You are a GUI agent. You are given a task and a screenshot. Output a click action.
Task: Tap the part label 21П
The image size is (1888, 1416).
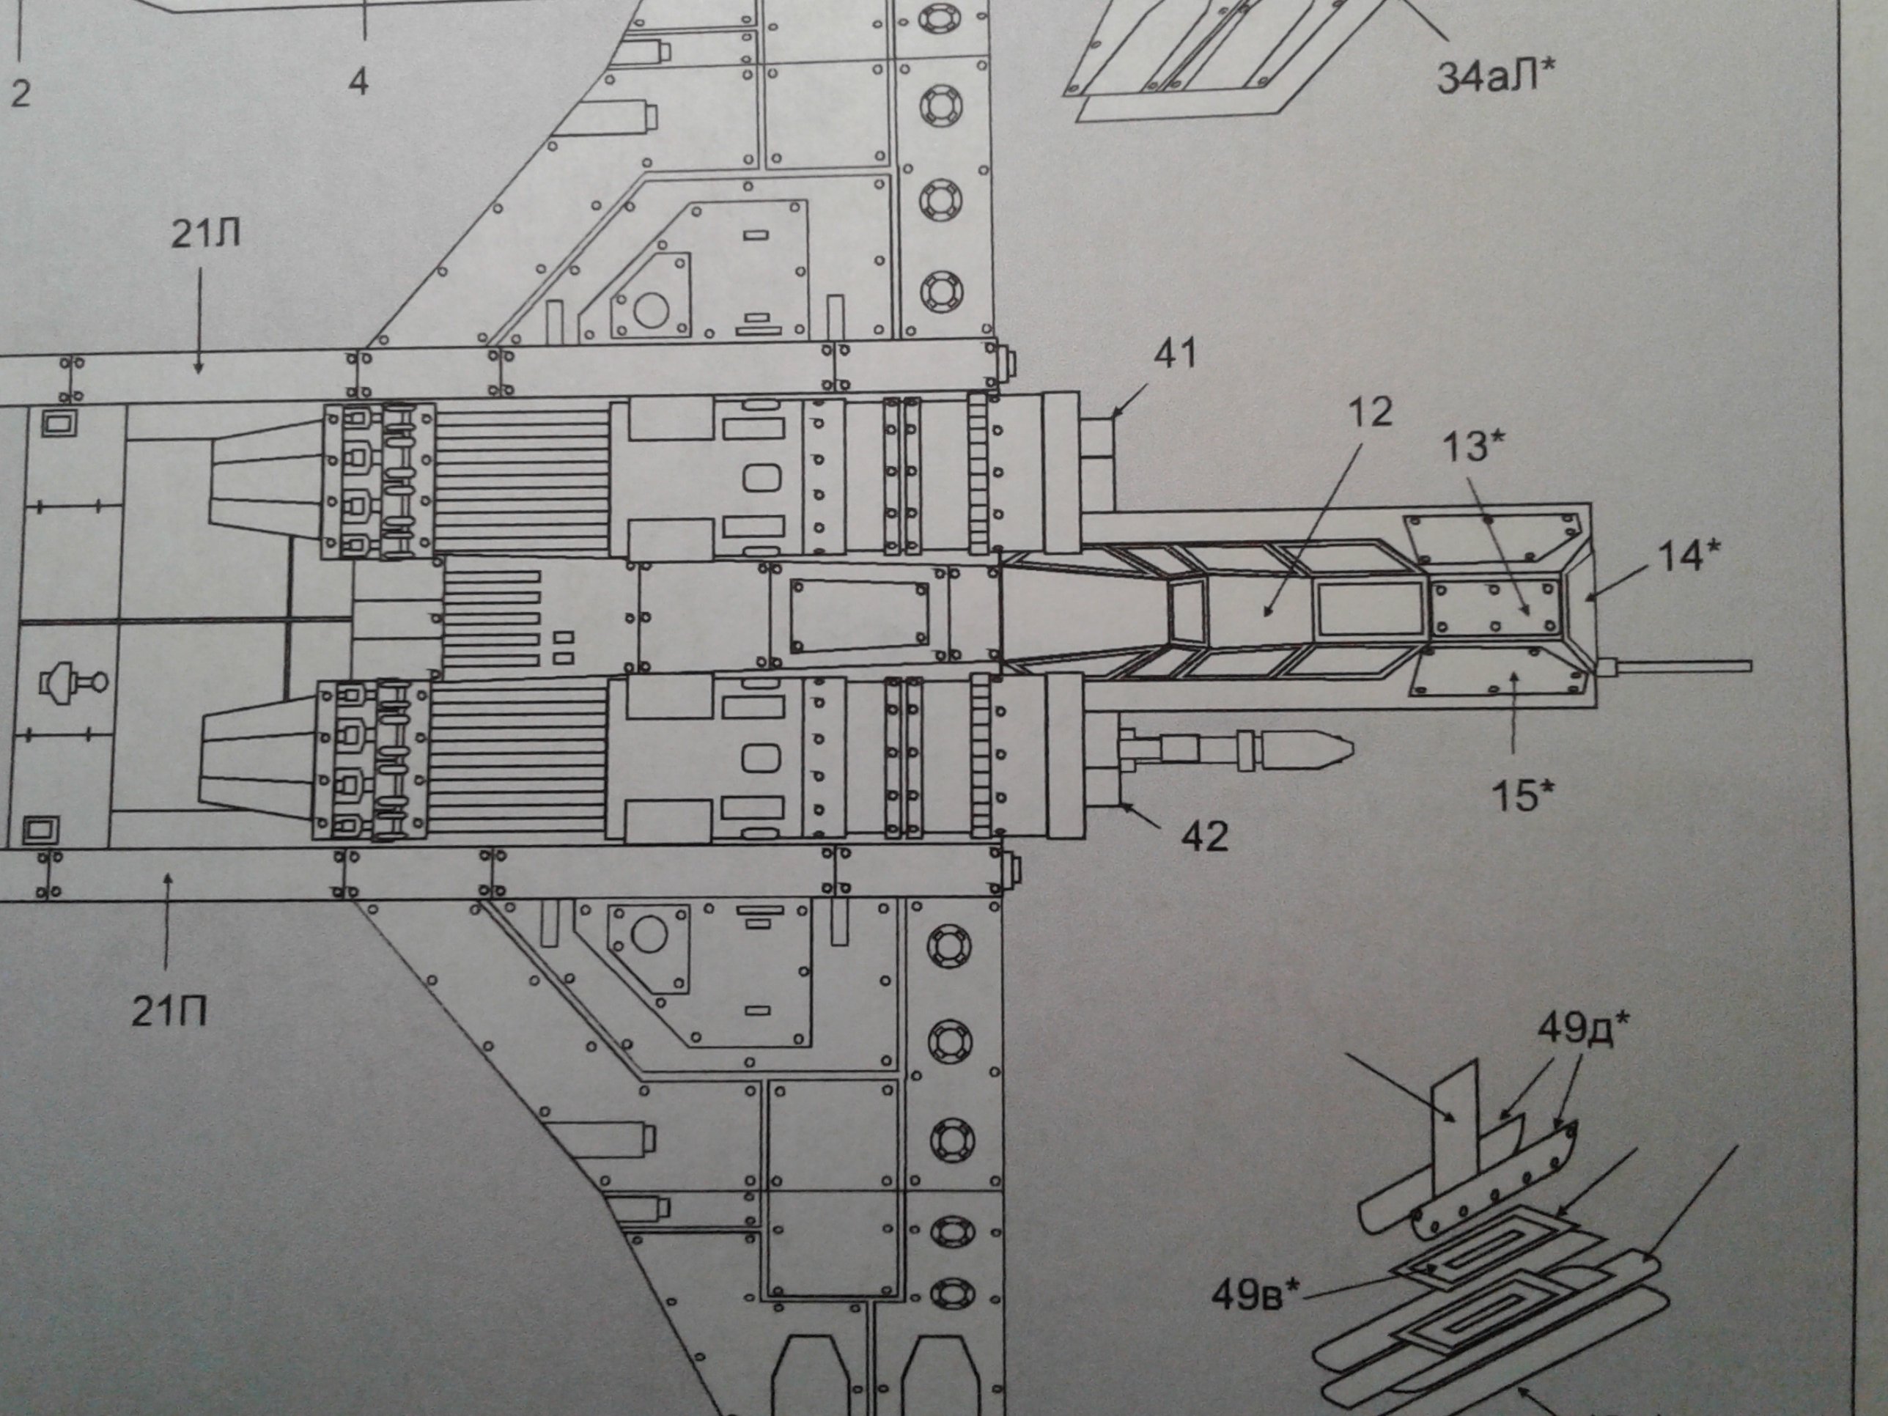click(169, 1013)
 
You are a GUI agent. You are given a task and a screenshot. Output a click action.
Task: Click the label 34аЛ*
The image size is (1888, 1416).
click(1493, 78)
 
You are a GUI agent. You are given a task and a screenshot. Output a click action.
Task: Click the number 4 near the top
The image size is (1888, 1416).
click(358, 82)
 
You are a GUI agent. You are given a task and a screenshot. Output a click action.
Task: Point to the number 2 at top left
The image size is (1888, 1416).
click(20, 92)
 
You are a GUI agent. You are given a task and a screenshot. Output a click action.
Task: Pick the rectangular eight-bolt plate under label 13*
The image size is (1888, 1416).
click(1494, 608)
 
